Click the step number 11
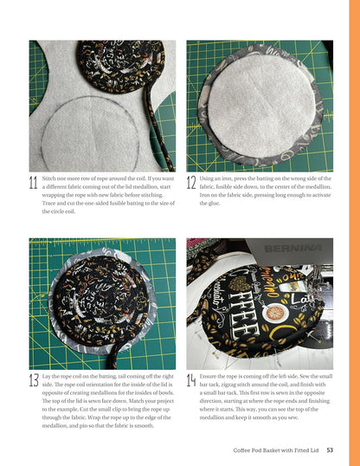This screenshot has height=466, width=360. click(33, 183)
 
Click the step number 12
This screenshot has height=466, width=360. click(191, 183)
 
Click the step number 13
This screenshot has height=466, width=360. click(34, 381)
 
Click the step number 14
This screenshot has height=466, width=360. click(191, 381)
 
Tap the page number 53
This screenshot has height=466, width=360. click(331, 449)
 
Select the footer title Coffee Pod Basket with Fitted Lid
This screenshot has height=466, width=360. click(277, 449)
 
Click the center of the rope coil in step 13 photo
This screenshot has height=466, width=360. click(104, 303)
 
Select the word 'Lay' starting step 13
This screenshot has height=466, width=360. click(48, 377)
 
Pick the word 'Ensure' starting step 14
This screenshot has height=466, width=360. click(211, 377)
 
